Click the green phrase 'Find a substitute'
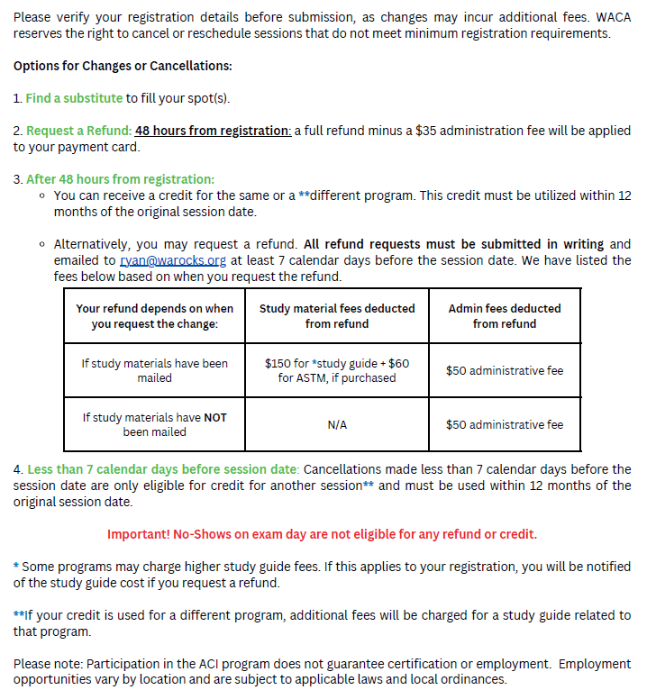[x=74, y=98]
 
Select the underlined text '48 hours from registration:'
[x=213, y=131]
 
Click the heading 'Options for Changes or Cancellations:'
[x=123, y=66]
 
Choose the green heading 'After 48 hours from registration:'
[x=120, y=179]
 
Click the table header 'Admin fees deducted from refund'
[x=504, y=315]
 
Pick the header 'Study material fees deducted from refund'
[x=337, y=315]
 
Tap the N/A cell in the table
[x=337, y=424]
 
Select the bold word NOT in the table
[x=214, y=417]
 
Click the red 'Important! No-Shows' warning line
[x=322, y=534]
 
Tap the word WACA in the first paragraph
[x=613, y=17]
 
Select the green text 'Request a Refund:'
[x=78, y=131]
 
